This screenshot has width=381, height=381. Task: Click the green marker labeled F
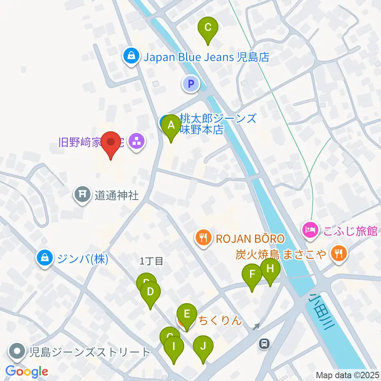pos(252,275)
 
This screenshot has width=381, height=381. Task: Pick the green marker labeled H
pos(270,269)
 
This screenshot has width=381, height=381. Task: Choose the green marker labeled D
pos(150,293)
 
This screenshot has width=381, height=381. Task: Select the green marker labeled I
pos(174,346)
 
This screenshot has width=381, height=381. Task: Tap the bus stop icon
pos(264,344)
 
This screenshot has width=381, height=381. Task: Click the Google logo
pos(27,371)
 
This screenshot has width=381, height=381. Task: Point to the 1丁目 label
pos(152,261)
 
